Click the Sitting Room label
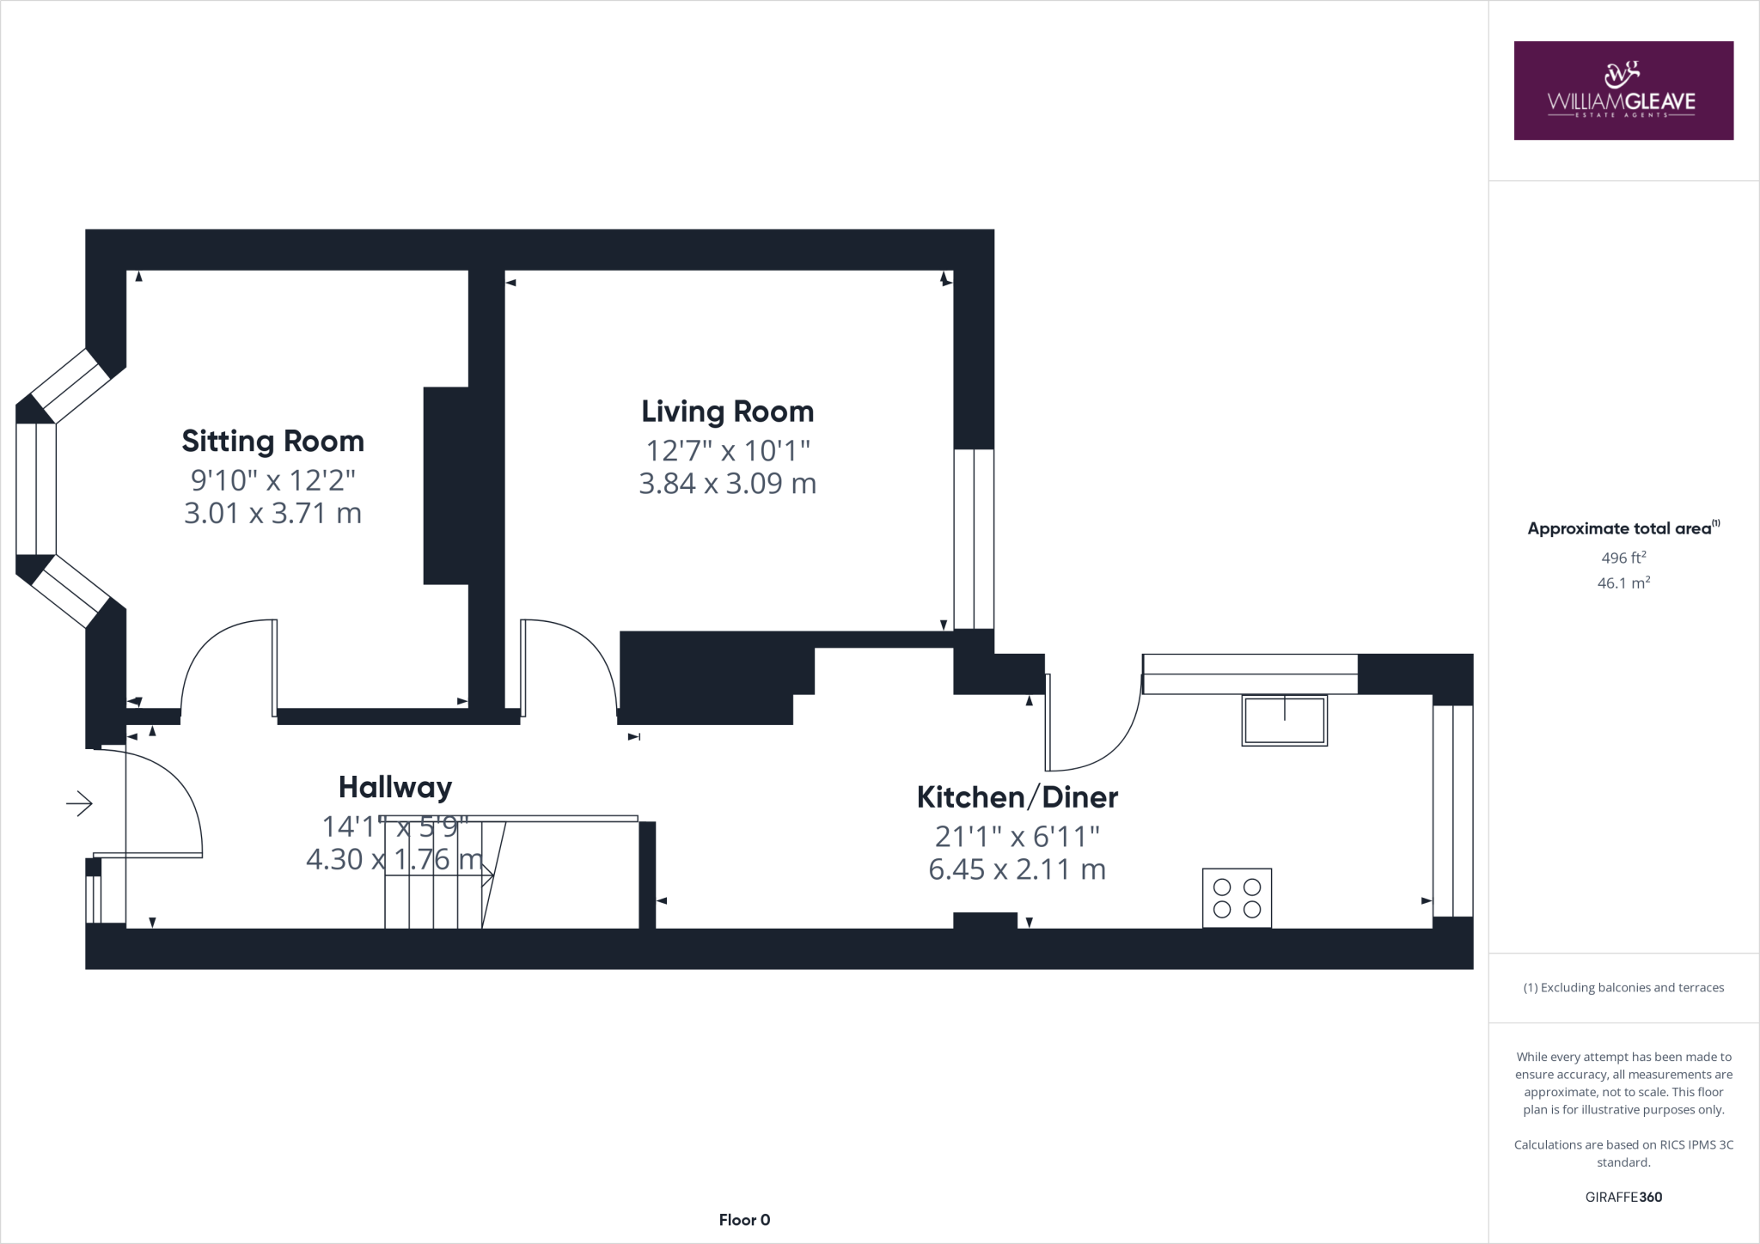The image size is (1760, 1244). [x=272, y=441]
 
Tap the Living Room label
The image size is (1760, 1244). [x=727, y=411]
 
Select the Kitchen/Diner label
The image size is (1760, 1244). [x=1017, y=797]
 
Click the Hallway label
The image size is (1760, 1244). [x=394, y=787]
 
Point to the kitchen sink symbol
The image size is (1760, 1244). [x=1284, y=720]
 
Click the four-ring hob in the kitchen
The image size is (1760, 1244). [x=1237, y=898]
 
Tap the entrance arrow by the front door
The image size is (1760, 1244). [x=79, y=803]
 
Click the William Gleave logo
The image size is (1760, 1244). [x=1623, y=90]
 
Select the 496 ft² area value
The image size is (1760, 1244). [x=1623, y=558]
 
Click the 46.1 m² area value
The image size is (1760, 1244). [x=1623, y=583]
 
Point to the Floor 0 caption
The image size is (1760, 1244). [x=744, y=1220]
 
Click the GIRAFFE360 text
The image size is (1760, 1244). [x=1623, y=1197]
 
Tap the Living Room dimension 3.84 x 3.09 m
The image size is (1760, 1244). [x=727, y=484]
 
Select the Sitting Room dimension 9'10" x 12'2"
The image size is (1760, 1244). [x=272, y=479]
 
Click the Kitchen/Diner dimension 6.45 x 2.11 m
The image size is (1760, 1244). [x=1017, y=869]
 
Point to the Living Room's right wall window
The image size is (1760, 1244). [x=974, y=539]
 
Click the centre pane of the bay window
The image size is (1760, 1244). [x=36, y=489]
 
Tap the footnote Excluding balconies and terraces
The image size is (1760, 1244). [x=1623, y=987]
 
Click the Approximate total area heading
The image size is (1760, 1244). [x=1623, y=528]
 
